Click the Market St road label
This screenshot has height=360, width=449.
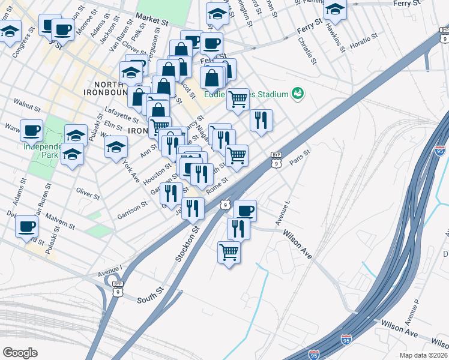[152, 18]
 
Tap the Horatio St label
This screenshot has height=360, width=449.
[363, 41]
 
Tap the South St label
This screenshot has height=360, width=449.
[150, 298]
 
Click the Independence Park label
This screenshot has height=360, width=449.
[43, 150]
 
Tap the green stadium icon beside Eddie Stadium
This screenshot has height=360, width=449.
[297, 94]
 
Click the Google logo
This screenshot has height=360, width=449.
[20, 352]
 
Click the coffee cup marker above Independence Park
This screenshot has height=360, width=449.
[32, 130]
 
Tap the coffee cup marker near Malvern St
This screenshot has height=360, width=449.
[26, 226]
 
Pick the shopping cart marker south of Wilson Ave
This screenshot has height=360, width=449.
[229, 252]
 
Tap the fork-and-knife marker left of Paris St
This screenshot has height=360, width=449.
[261, 120]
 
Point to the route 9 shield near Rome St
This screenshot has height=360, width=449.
[223, 205]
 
